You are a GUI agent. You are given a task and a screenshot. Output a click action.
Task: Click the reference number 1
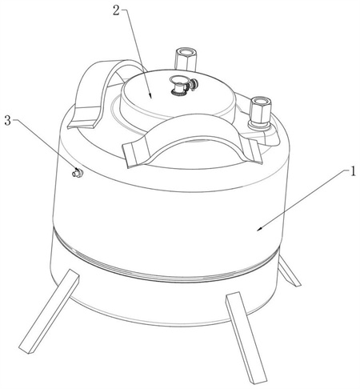(x=353, y=171)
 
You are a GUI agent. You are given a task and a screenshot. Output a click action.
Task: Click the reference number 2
(x=117, y=10)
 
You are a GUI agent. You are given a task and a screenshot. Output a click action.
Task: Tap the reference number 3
(x=7, y=121)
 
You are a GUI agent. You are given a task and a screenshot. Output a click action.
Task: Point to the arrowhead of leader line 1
(x=259, y=229)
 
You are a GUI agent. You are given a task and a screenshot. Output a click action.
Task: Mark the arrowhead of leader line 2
(x=150, y=96)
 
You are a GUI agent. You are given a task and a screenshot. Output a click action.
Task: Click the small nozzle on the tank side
(x=78, y=172)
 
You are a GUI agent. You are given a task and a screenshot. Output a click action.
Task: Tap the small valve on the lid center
(x=183, y=86)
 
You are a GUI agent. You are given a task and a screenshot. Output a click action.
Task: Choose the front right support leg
(x=246, y=338)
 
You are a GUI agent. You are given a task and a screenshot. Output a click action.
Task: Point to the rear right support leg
(x=290, y=271)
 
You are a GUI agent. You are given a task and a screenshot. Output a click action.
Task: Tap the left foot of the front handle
(x=135, y=154)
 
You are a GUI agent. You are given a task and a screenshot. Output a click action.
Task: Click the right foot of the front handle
(x=252, y=150)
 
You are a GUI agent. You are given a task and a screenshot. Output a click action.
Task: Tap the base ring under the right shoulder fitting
(x=258, y=126)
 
